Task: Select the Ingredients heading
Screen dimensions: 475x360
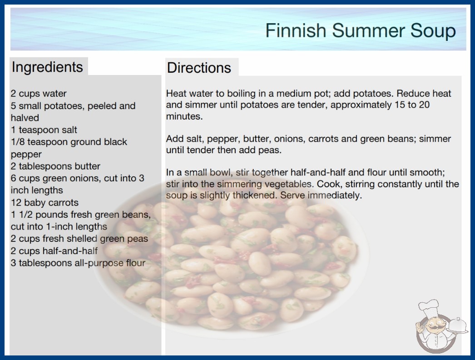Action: [47, 67]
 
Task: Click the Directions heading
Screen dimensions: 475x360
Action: [199, 68]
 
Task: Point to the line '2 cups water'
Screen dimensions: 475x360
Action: [39, 94]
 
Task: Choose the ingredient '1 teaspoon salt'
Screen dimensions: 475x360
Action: [44, 130]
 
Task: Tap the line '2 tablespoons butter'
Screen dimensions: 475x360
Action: [55, 166]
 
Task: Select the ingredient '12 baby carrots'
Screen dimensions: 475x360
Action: [45, 202]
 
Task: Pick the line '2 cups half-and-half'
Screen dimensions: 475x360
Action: [54, 251]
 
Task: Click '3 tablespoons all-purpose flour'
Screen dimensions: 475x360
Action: [78, 263]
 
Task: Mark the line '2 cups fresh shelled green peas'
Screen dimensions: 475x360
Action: [79, 239]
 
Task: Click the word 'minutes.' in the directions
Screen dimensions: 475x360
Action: [184, 116]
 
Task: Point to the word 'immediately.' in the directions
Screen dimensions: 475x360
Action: [335, 195]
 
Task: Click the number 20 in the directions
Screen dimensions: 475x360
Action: [424, 105]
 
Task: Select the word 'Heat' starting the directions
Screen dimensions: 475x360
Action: [175, 94]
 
